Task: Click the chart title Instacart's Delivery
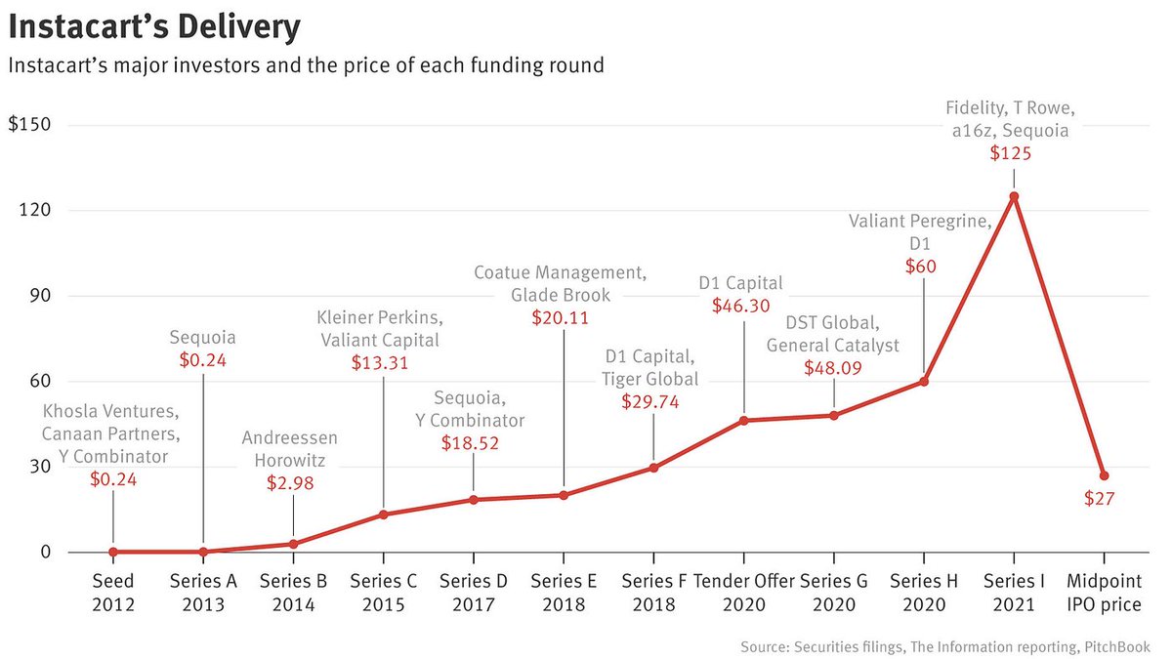(x=154, y=27)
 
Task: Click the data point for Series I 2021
(x=1014, y=196)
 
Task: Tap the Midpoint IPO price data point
(x=1104, y=476)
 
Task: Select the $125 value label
(x=1010, y=153)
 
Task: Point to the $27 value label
(x=1100, y=499)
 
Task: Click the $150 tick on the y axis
(x=29, y=125)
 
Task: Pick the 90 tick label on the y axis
(x=40, y=296)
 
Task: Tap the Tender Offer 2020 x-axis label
(x=744, y=593)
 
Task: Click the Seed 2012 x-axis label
(x=113, y=593)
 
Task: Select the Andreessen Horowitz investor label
(x=289, y=449)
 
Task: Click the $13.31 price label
(x=379, y=362)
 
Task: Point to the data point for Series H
(x=924, y=382)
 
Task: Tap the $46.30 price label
(x=741, y=306)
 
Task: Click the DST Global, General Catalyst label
(x=832, y=334)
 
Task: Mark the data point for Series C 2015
(x=384, y=515)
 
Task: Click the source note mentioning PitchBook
(x=945, y=647)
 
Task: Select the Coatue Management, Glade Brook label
(x=561, y=284)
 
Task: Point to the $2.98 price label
(x=290, y=482)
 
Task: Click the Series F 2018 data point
(x=653, y=468)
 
